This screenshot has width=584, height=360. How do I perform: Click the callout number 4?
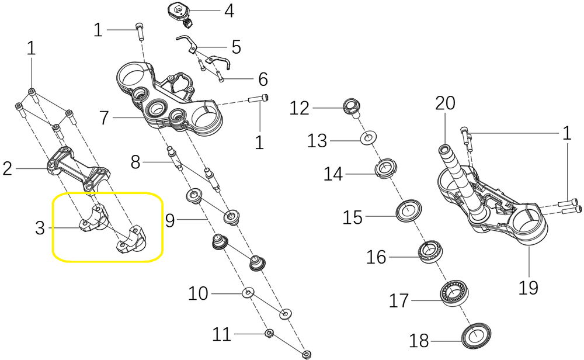(229, 11)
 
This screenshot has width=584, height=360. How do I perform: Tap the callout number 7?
(105, 118)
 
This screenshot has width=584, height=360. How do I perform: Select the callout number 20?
(445, 103)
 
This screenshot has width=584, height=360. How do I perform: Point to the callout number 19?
(528, 288)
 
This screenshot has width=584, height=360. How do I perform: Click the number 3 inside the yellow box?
(40, 228)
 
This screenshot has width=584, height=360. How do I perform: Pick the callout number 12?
(300, 109)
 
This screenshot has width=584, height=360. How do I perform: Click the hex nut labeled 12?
(350, 106)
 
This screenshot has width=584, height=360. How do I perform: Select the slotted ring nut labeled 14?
(386, 169)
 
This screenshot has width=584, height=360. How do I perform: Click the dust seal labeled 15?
(408, 210)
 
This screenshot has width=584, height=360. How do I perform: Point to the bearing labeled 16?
(429, 252)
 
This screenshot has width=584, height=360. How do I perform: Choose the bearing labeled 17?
(454, 293)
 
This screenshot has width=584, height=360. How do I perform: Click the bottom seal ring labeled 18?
(476, 337)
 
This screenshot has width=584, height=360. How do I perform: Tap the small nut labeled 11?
(268, 333)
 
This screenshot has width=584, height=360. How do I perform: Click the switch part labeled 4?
(180, 14)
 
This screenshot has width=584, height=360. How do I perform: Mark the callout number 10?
(198, 293)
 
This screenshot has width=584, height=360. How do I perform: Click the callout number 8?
(135, 162)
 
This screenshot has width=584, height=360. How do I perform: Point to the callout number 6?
(263, 79)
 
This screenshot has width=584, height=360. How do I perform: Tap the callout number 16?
(377, 258)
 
